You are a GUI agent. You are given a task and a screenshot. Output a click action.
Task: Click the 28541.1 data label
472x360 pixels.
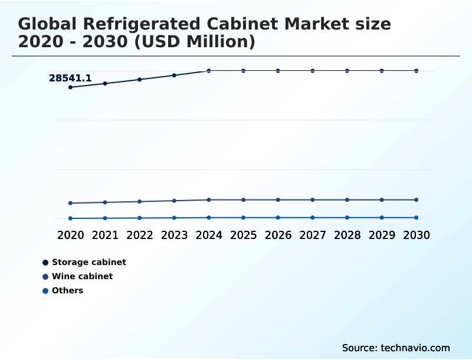[x=70, y=78]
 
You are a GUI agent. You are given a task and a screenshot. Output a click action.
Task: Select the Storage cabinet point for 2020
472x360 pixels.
[x=70, y=87]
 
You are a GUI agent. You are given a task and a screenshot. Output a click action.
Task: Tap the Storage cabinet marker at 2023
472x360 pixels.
[x=174, y=76]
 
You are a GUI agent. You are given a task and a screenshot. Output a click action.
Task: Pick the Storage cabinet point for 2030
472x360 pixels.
[x=416, y=71]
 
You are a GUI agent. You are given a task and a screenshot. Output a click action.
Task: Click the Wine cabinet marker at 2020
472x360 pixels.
[x=70, y=203]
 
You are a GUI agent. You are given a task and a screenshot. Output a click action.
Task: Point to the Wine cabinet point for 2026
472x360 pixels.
[x=278, y=200]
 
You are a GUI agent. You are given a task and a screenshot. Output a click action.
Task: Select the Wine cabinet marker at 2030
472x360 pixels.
[x=416, y=200]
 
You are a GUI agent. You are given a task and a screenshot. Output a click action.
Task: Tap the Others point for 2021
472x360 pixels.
[x=105, y=218]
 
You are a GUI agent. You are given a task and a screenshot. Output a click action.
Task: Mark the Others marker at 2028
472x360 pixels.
[x=347, y=218]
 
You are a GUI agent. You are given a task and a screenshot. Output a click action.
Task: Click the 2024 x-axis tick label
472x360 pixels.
[x=209, y=235]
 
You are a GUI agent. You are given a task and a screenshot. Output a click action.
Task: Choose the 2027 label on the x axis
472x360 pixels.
[x=313, y=235]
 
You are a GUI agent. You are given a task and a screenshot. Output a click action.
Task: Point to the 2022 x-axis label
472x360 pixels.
[x=140, y=235]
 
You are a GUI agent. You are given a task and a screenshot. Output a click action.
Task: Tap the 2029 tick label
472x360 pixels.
[x=382, y=235]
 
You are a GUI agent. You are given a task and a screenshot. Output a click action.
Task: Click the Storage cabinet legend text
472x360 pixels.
[x=89, y=262]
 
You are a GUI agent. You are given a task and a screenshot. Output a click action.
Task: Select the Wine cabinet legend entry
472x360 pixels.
[x=82, y=276]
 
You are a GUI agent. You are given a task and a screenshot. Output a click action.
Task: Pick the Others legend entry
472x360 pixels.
[x=67, y=290]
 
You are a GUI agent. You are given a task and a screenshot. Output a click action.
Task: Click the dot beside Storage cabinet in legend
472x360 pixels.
[x=45, y=262]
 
